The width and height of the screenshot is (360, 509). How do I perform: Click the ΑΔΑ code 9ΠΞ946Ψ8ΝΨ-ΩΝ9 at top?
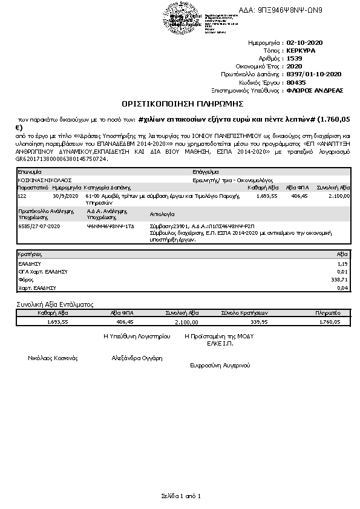pyautogui.click(x=290, y=10)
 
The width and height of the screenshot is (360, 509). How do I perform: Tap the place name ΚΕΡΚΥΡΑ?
pyautogui.click(x=301, y=51)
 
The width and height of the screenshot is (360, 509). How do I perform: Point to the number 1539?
pyautogui.click(x=294, y=58)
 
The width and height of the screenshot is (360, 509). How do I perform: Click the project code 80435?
pyautogui.click(x=296, y=82)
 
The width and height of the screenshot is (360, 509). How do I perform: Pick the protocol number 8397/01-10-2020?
pyautogui.click(x=314, y=74)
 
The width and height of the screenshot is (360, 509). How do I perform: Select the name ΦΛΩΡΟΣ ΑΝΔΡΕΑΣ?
pyautogui.click(x=315, y=90)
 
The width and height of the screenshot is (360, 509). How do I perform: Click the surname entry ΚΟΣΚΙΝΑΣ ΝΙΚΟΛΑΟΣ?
pyautogui.click(x=45, y=180)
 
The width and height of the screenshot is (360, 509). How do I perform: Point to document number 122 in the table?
pyautogui.click(x=22, y=196)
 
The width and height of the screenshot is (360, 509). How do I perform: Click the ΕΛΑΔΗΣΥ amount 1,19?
pyautogui.click(x=342, y=264)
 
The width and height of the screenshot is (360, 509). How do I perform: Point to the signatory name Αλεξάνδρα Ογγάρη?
pyautogui.click(x=137, y=358)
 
